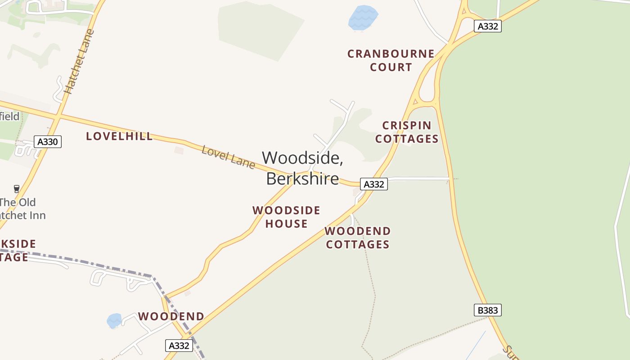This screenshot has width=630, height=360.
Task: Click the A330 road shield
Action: [x=48, y=142]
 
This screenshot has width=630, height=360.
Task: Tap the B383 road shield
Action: [x=487, y=310]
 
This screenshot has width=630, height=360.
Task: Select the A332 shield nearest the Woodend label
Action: [x=179, y=346]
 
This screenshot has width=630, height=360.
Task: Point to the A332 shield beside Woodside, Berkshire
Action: [x=373, y=184]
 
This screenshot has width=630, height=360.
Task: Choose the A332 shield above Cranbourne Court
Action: [x=488, y=26]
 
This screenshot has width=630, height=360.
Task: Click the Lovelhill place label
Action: [x=119, y=136]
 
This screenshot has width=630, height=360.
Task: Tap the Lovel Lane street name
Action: [x=228, y=157]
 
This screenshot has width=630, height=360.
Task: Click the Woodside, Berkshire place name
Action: [x=302, y=168]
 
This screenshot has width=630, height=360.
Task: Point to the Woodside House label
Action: [x=286, y=217]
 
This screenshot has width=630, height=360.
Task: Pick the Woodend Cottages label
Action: [x=358, y=238]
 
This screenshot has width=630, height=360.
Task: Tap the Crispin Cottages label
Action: [x=407, y=132]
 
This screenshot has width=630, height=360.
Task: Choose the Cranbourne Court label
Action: [x=391, y=60]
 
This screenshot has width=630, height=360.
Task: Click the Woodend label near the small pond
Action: [x=171, y=316]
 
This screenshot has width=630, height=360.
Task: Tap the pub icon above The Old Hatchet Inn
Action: [x=17, y=189]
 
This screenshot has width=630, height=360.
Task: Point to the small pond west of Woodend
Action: [x=114, y=321]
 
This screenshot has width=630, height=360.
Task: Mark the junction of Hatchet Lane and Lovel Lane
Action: [x=57, y=116]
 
